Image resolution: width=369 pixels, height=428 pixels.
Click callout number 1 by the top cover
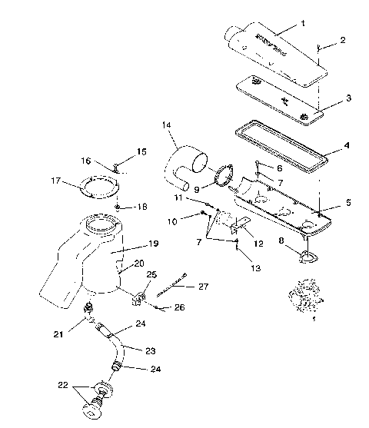302,24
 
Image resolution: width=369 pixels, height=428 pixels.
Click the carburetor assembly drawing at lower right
303,302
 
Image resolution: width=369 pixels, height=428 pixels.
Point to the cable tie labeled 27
173,284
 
